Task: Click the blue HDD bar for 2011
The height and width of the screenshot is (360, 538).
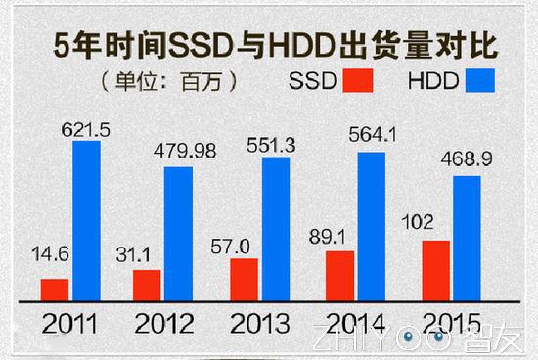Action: click(x=86, y=222)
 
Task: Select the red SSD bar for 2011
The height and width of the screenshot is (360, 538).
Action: click(x=55, y=291)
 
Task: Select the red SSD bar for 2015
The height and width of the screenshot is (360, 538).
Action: click(x=435, y=271)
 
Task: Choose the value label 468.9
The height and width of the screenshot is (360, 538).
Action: click(x=469, y=158)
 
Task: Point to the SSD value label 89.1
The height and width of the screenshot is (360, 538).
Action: click(x=338, y=236)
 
